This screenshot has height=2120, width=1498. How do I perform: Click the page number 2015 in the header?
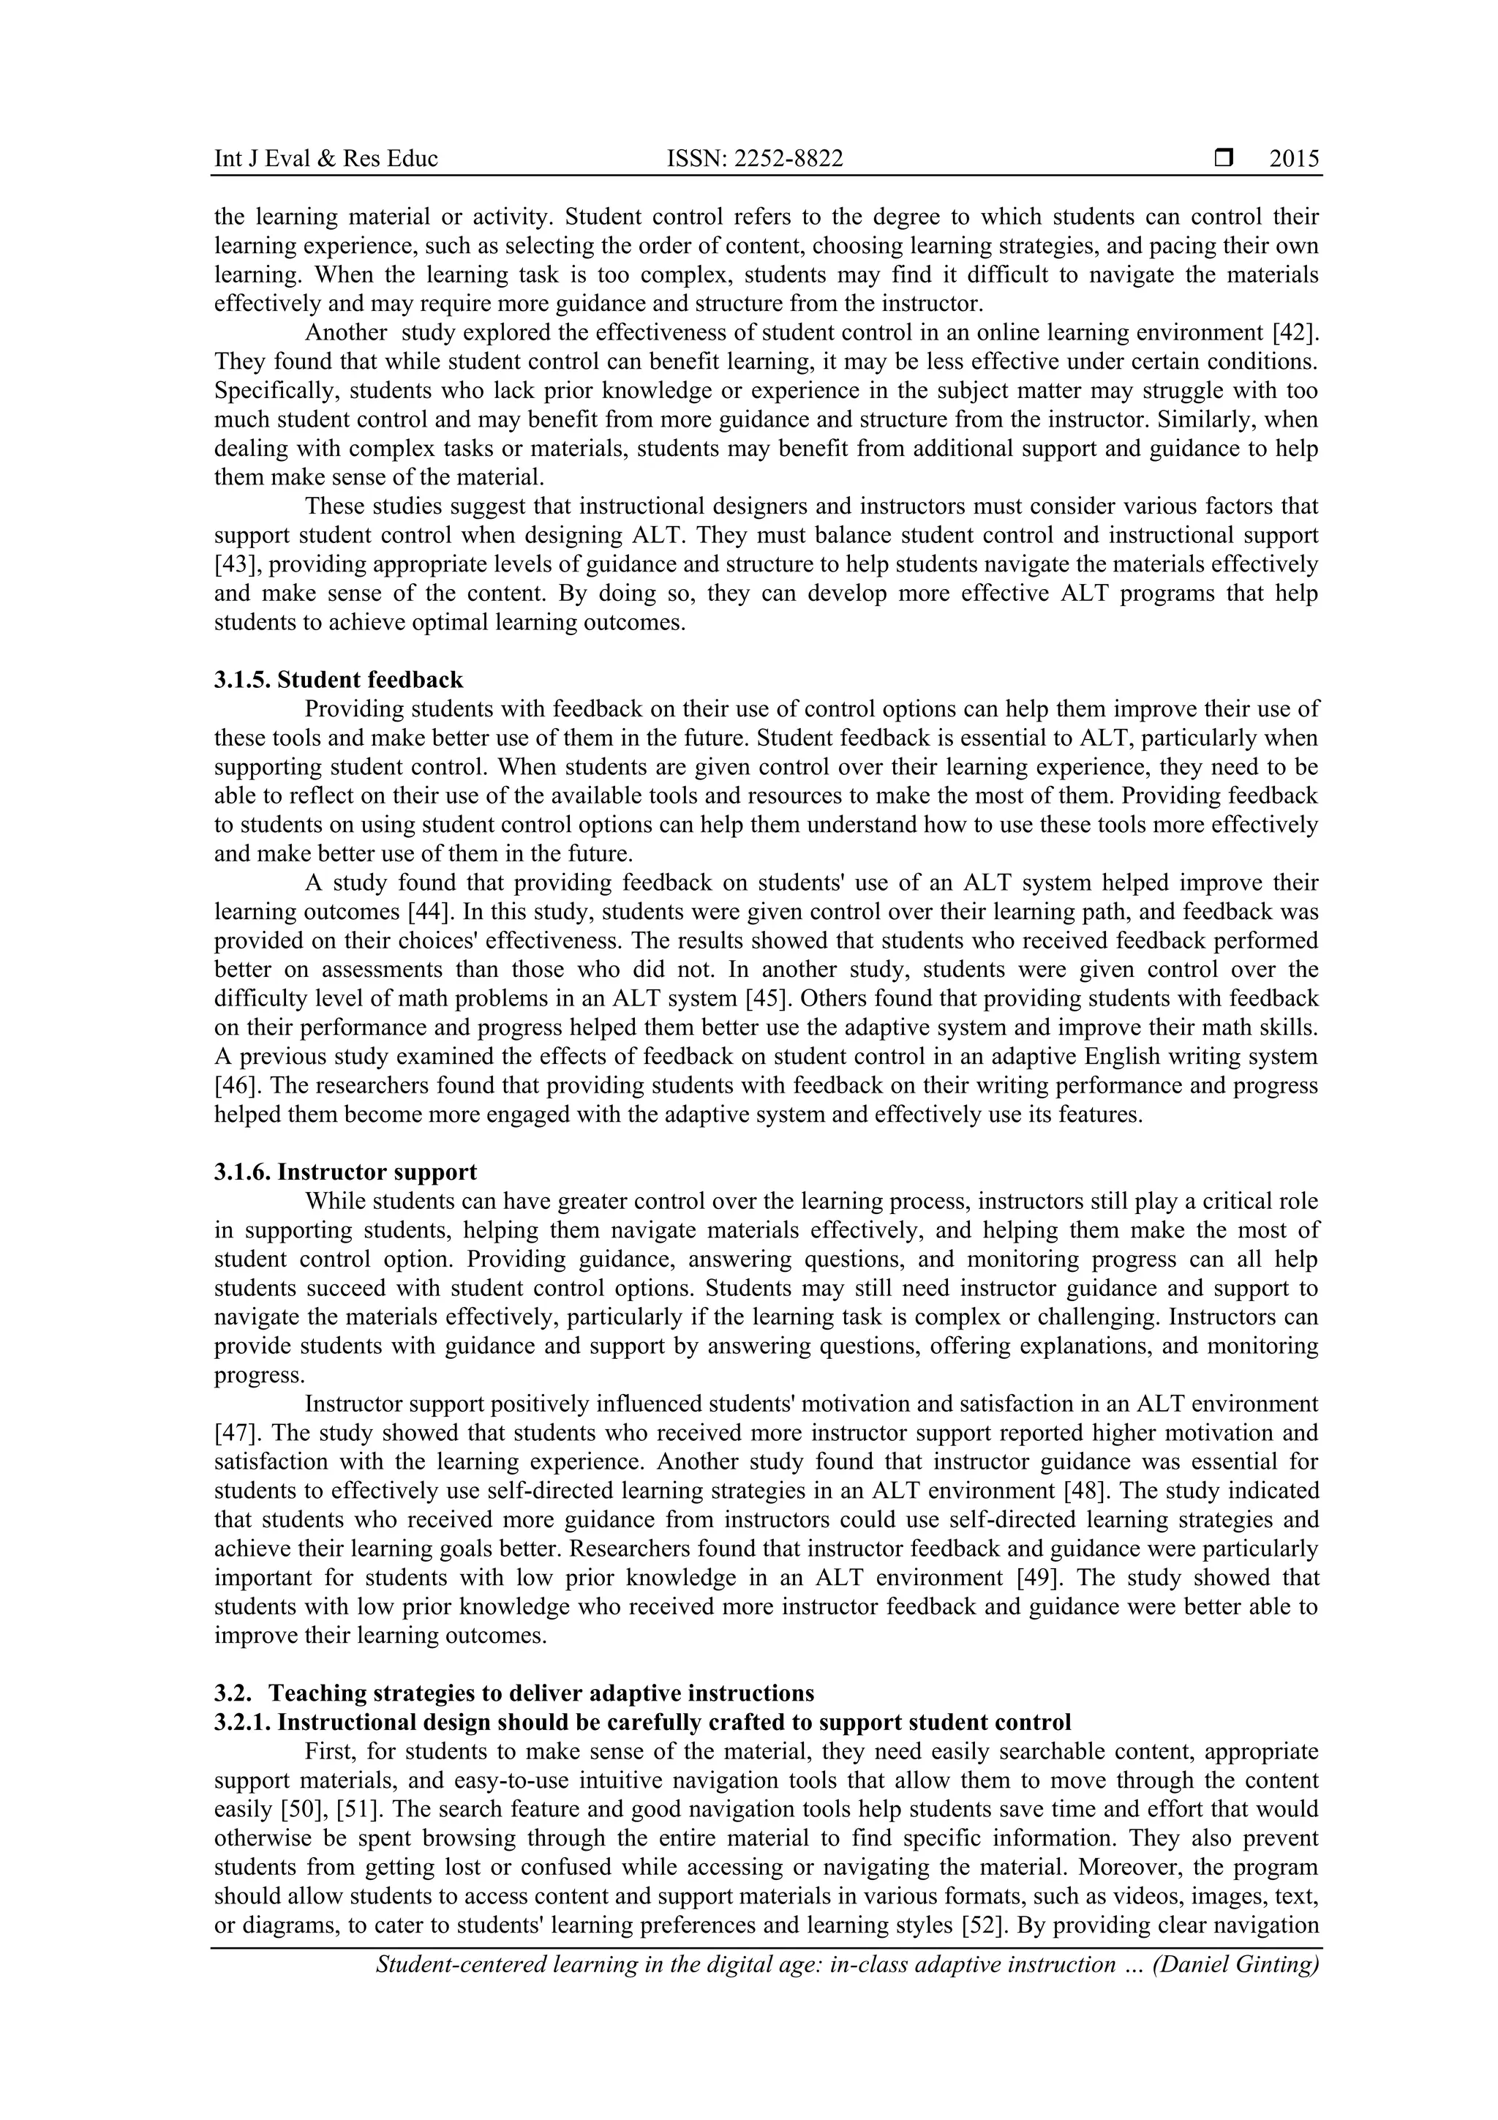pyautogui.click(x=1293, y=159)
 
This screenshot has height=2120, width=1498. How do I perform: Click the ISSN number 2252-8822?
pyautogui.click(x=754, y=159)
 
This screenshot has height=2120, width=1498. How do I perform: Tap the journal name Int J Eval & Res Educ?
pyautogui.click(x=325, y=159)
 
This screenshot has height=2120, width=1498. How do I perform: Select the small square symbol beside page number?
pyautogui.click(x=1224, y=159)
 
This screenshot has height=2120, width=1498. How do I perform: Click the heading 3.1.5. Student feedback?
pyautogui.click(x=338, y=680)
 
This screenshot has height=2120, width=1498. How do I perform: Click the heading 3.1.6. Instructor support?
pyautogui.click(x=345, y=1172)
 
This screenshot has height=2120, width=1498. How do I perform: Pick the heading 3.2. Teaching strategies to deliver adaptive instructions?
pyautogui.click(x=514, y=1693)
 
